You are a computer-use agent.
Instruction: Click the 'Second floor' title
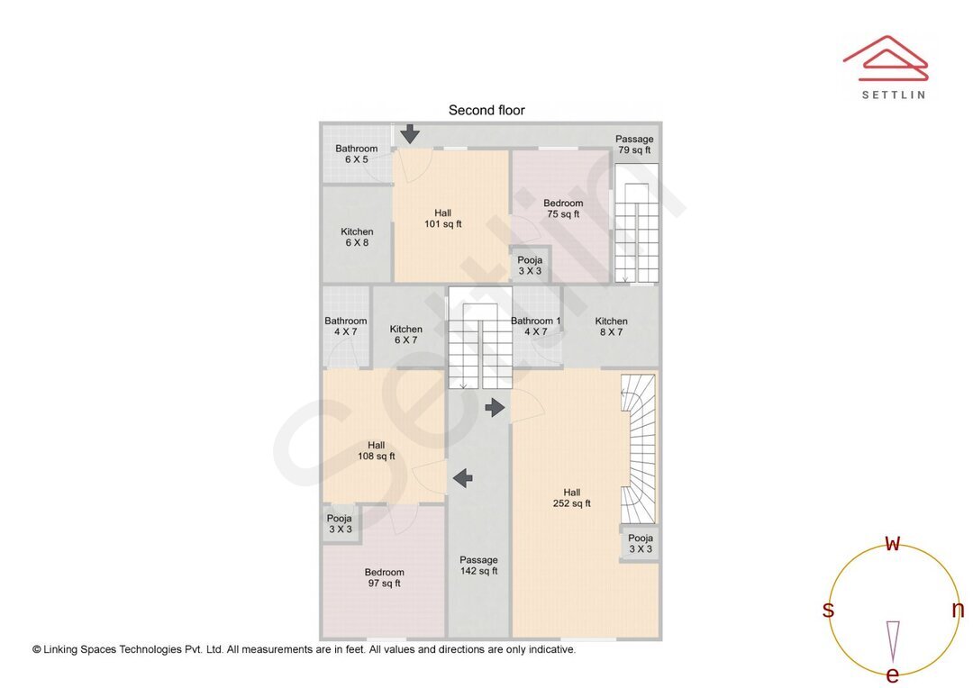(486, 111)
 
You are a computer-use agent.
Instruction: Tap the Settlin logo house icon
(886, 59)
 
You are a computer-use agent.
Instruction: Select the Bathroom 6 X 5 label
(356, 154)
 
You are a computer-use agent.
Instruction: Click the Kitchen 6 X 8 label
(357, 237)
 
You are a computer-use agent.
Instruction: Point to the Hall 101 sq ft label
(443, 218)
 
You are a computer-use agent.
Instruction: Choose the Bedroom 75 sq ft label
(563, 208)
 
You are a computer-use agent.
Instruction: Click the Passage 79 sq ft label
(634, 145)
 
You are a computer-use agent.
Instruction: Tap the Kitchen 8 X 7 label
(611, 326)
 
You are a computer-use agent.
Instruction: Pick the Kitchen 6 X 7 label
(405, 334)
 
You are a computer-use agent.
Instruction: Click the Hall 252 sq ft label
(571, 498)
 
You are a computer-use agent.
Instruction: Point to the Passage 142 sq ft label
(479, 566)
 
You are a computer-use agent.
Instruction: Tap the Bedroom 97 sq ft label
(384, 577)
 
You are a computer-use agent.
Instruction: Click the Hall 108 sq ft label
(376, 450)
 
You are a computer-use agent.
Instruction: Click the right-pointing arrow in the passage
(496, 408)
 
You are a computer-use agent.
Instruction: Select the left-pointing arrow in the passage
(463, 478)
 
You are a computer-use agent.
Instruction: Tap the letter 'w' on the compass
(893, 543)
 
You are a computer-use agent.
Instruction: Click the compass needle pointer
(893, 642)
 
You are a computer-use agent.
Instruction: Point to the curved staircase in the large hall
(639, 448)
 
